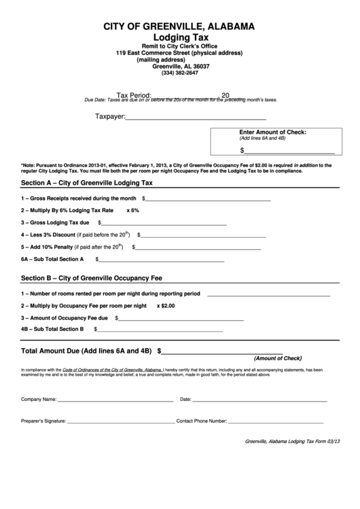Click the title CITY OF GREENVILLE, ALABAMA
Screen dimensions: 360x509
179,27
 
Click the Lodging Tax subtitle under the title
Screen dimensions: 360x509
179,37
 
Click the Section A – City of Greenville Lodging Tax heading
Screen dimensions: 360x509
88,183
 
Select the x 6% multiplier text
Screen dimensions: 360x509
132,211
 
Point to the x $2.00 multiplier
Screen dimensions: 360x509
166,306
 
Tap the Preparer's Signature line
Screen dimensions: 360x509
120,421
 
